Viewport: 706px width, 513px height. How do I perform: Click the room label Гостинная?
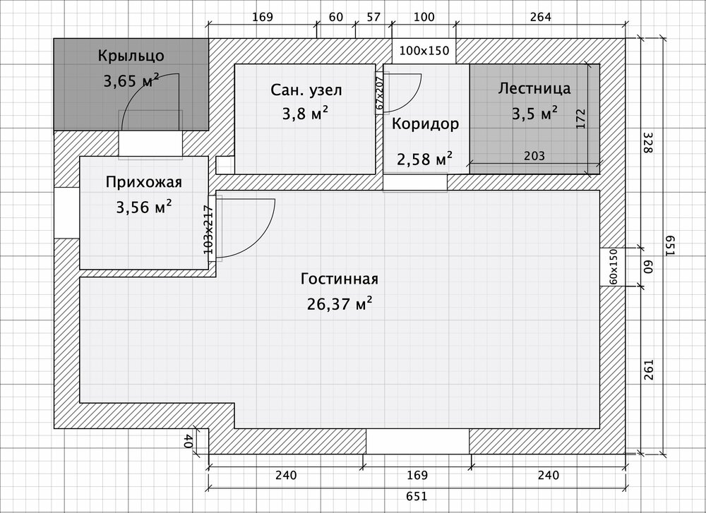[x=340, y=279]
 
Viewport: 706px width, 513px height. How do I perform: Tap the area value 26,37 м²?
[x=340, y=304]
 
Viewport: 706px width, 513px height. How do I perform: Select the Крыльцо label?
[x=131, y=55]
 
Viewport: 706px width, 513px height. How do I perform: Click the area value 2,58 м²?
[x=424, y=160]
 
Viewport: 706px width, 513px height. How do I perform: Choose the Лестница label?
[x=534, y=88]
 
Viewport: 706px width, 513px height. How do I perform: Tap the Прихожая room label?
[x=144, y=182]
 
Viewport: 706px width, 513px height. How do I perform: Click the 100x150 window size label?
[x=424, y=50]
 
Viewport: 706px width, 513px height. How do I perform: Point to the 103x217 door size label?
[x=208, y=229]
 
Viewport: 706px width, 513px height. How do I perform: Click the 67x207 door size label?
[x=380, y=93]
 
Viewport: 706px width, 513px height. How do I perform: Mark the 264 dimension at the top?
[x=540, y=17]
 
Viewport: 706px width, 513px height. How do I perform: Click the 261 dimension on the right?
[x=648, y=370]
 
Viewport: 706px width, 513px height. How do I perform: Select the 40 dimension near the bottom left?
[x=188, y=441]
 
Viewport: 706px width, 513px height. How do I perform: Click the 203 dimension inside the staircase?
[x=534, y=156]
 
